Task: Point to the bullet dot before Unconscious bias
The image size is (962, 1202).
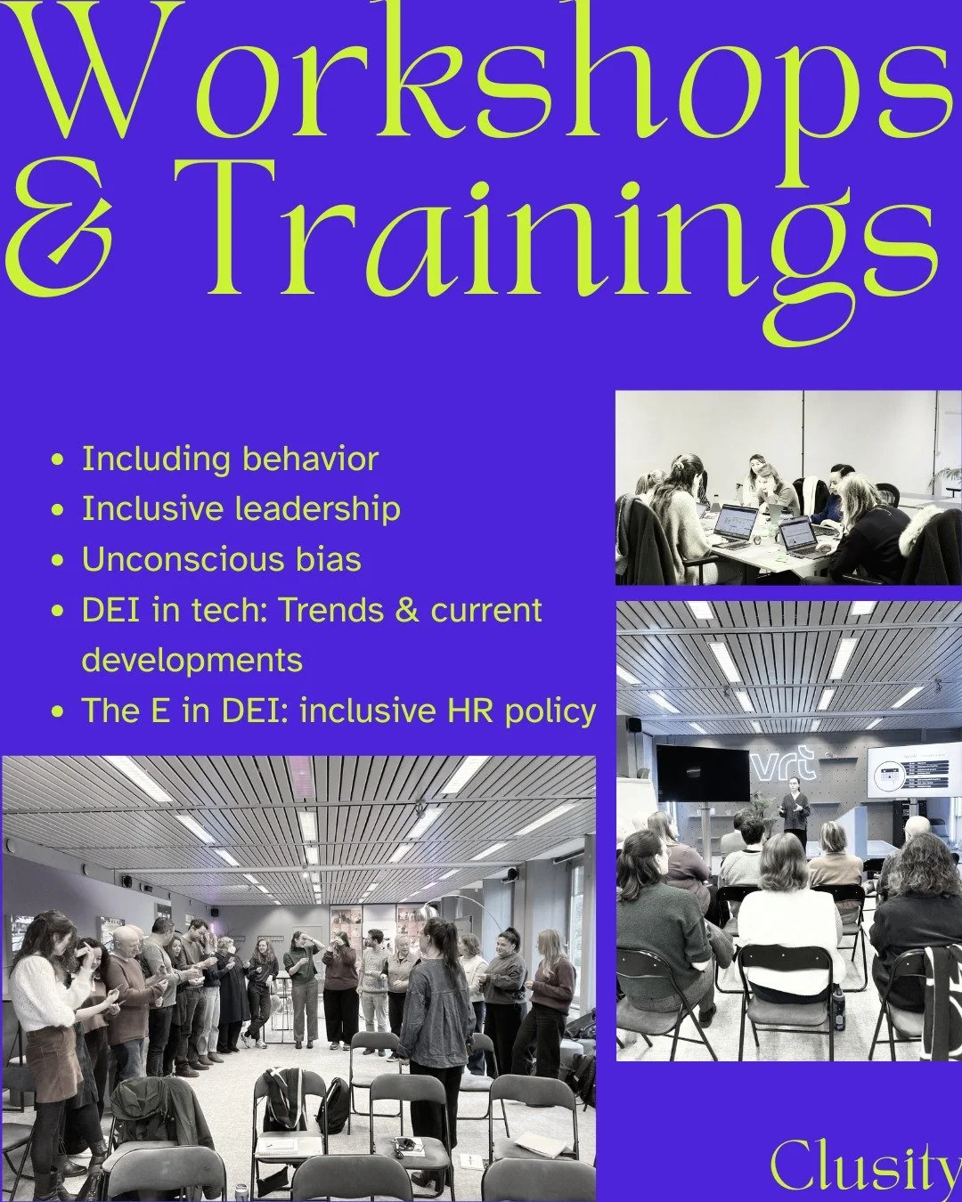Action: coord(59,561)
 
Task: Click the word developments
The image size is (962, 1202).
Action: coord(192,661)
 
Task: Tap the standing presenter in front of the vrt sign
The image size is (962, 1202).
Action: coord(792,811)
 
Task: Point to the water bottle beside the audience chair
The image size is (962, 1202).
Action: coord(838,1003)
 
